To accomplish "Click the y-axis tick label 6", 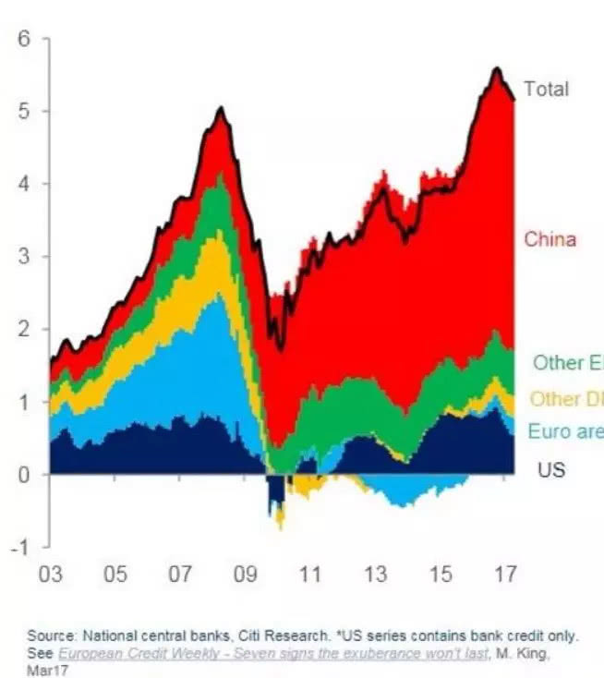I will coord(24,39).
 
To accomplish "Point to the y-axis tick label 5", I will coord(24,112).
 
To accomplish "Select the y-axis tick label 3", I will coord(24,257).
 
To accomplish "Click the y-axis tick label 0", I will coord(24,475).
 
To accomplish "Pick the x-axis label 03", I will coord(50,575).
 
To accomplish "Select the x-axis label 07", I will coord(179,575).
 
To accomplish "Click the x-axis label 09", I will coord(245,575).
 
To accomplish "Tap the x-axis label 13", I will coord(375,575).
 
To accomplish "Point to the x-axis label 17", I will coord(505,575).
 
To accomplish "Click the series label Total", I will coord(546,90).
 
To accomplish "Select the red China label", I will coord(550,240).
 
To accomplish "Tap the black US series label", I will coord(550,470).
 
